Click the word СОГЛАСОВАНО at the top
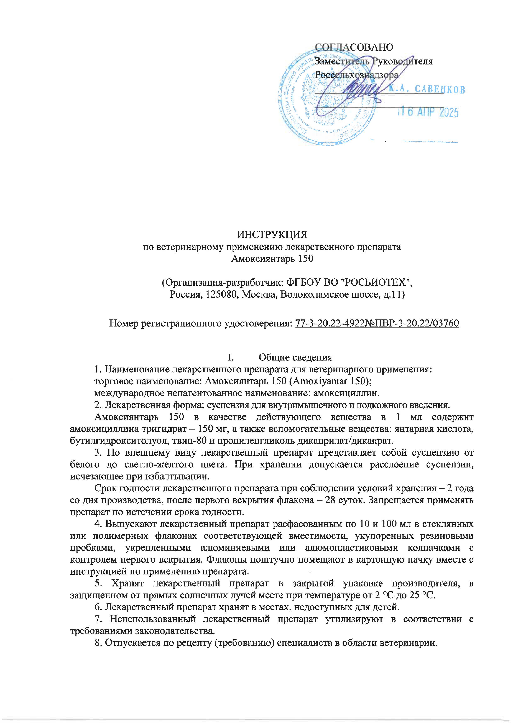(354, 47)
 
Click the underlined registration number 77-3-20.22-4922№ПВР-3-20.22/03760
(377, 323)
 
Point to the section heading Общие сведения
(295, 357)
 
